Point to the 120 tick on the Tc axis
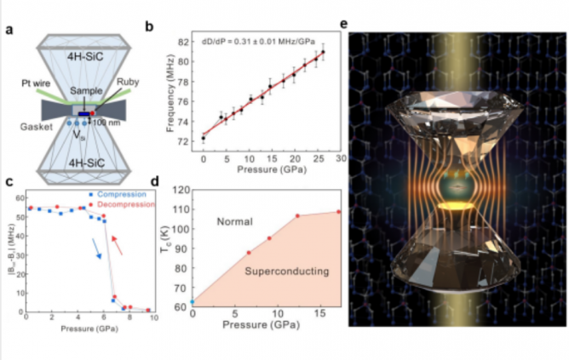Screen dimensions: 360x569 (181, 187)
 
